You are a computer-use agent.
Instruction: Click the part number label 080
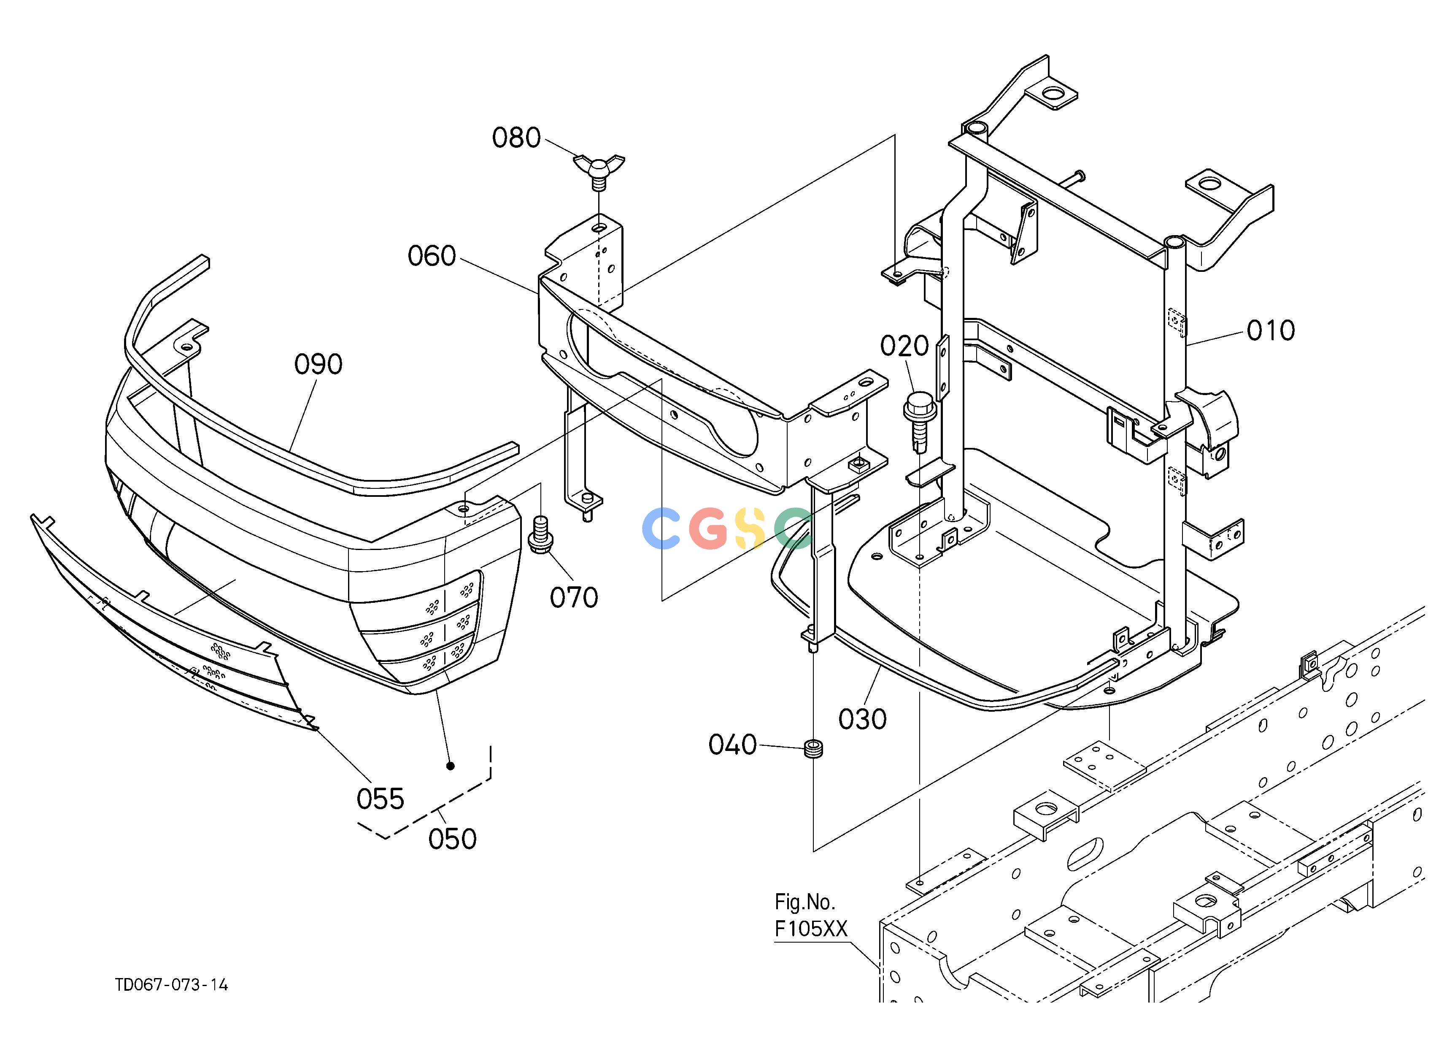[x=516, y=138]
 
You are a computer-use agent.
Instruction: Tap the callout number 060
[x=432, y=256]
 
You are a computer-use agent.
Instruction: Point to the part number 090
[x=318, y=365]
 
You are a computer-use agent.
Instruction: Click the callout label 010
[x=1271, y=331]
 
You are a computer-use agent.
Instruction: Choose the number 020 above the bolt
[x=904, y=347]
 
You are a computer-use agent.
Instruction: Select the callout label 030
[x=863, y=719]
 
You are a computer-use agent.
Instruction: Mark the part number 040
[x=733, y=745]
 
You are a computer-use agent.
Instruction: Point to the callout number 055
[x=381, y=800]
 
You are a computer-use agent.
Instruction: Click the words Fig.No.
[x=805, y=903]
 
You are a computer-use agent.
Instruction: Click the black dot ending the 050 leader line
[x=451, y=766]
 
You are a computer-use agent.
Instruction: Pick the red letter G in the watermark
[x=709, y=528]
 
